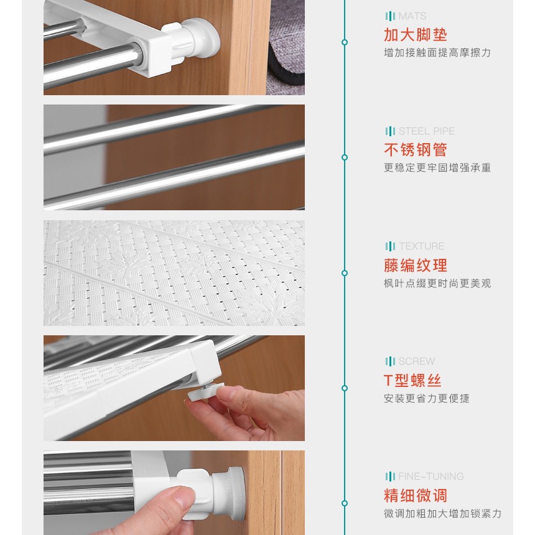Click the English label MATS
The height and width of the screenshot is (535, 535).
(x=412, y=16)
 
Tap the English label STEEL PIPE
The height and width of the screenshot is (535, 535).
(x=427, y=131)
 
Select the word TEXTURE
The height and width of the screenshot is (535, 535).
(x=421, y=246)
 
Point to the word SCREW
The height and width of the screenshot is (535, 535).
(x=417, y=361)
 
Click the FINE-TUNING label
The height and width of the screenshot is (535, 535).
(x=431, y=476)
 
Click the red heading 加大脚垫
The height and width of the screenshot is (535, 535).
(x=415, y=34)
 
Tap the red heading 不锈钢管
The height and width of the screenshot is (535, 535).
(x=415, y=149)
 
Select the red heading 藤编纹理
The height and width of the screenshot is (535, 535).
(x=415, y=265)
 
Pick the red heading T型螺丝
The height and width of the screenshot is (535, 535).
(x=412, y=380)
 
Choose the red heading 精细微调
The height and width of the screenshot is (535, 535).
(x=415, y=495)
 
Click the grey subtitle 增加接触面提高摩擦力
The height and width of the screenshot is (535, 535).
(x=437, y=52)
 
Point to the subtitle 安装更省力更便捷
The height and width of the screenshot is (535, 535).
(x=427, y=398)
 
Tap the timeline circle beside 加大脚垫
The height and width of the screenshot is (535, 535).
(x=345, y=42)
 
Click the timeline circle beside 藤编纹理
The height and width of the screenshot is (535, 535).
(x=345, y=273)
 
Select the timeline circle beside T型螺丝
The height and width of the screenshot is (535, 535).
(x=345, y=388)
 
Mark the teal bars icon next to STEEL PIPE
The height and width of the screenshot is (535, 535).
(x=390, y=131)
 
